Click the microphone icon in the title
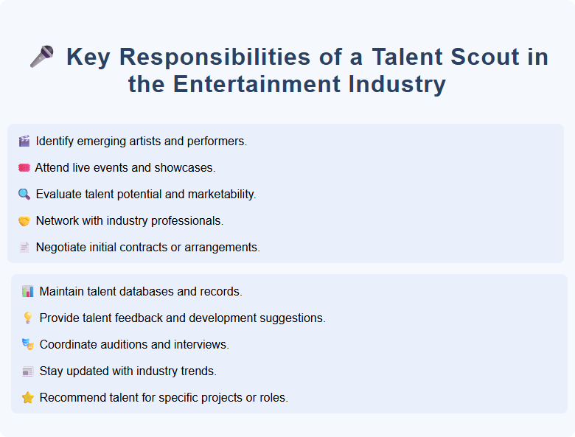pos(42,57)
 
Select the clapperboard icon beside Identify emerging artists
pos(24,141)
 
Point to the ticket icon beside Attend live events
pos(24,167)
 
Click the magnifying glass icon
pos(24,194)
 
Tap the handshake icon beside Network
pos(24,220)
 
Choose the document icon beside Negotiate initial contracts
pos(24,247)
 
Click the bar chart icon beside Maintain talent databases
pos(28,291)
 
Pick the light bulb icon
pos(28,318)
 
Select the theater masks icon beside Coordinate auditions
pos(28,344)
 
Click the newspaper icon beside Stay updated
pos(28,371)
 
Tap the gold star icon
pos(28,397)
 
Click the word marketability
pos(220,194)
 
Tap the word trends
pos(199,371)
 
